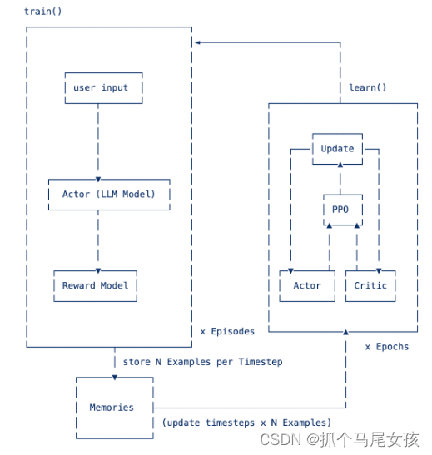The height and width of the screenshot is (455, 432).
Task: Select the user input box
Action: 102,88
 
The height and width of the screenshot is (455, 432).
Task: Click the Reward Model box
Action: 96,285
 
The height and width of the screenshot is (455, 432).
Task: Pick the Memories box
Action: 112,408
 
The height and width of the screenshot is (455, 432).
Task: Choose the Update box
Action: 337,149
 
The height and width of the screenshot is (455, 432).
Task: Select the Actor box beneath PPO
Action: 306,285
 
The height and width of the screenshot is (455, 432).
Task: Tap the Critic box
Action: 370,285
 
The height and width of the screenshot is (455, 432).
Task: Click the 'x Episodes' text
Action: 227,331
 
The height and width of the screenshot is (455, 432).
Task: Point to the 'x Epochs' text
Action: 387,346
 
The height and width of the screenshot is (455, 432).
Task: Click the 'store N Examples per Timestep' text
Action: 202,362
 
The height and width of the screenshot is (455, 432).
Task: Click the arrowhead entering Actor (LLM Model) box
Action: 99,177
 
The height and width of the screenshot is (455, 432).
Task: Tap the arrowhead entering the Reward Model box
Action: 99,269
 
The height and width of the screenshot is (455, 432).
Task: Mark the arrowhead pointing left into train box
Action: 196,42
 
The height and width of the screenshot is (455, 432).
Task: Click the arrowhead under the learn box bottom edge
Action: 344,333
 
